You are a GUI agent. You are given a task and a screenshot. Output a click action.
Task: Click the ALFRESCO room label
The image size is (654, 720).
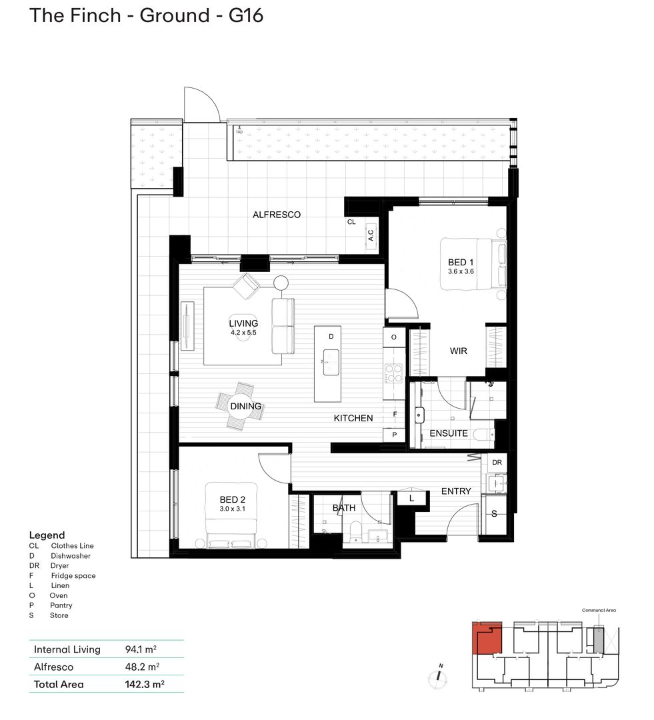pos(276,215)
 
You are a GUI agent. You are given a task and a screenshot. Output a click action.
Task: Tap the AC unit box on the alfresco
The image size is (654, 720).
pos(371,236)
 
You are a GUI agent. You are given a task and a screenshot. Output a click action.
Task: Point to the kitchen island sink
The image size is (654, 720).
pos(328,363)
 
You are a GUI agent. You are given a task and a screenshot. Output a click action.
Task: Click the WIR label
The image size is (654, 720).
pos(458,351)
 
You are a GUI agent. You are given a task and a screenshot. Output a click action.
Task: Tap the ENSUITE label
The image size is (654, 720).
pos(448,433)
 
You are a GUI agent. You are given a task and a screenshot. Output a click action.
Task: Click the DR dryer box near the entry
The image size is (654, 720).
pos(497,462)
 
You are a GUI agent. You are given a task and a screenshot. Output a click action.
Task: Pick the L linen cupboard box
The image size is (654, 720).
pos(411,497)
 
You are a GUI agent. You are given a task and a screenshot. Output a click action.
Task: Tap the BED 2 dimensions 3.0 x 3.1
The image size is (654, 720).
pos(233,509)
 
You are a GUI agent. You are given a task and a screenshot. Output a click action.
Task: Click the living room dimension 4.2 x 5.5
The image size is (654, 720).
pos(243,332)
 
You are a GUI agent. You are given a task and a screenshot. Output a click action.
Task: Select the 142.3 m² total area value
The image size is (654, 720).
pos(145,684)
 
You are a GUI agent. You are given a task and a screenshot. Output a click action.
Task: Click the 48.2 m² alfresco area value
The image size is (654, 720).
pos(142,667)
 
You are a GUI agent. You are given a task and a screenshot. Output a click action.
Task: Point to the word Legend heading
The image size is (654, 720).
pos(47,535)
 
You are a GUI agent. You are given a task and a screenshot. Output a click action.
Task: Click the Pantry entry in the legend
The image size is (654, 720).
pos(61,605)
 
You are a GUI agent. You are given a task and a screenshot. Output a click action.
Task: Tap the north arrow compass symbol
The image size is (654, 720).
pos(439,675)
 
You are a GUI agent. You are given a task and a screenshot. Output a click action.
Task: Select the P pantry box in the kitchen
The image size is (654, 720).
pos(393,435)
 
